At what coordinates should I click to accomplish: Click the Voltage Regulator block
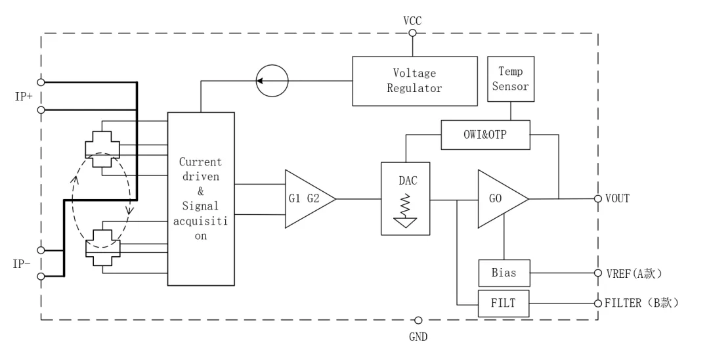[414, 81]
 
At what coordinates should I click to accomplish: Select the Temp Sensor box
[510, 79]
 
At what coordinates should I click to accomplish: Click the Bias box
[504, 272]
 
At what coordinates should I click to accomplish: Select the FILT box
[504, 303]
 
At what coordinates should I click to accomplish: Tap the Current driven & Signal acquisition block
[201, 198]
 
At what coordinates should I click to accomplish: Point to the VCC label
[412, 21]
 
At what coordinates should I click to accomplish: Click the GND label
[418, 336]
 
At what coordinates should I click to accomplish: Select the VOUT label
[618, 198]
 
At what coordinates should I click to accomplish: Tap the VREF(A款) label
[633, 273]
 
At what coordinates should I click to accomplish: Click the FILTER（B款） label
[640, 303]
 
